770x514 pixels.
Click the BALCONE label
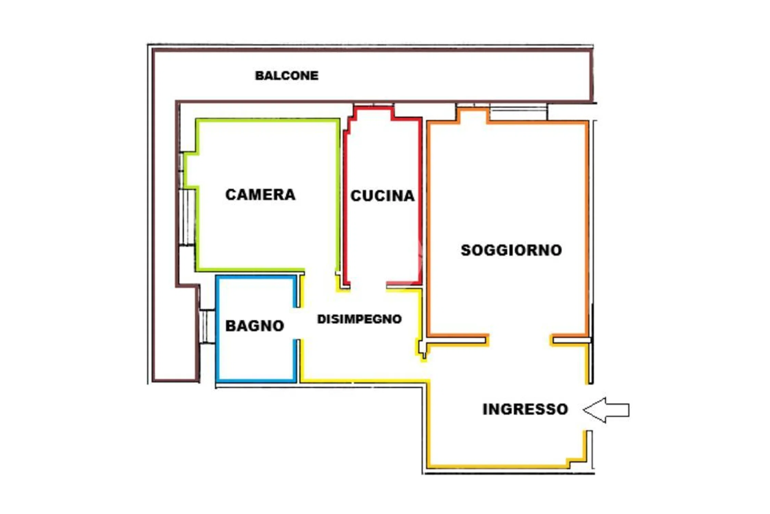click(x=287, y=76)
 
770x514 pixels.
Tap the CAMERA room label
click(x=260, y=195)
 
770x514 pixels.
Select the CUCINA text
click(x=382, y=196)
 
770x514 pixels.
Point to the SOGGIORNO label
click(x=511, y=250)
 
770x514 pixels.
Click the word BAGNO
click(x=255, y=326)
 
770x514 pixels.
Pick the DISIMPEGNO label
click(x=359, y=319)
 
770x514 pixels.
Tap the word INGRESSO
click(x=525, y=409)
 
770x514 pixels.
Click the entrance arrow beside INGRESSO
click(x=606, y=410)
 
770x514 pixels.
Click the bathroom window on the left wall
click(x=207, y=326)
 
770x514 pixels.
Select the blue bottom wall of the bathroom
click(x=256, y=380)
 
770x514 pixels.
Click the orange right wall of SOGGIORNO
click(x=586, y=228)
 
